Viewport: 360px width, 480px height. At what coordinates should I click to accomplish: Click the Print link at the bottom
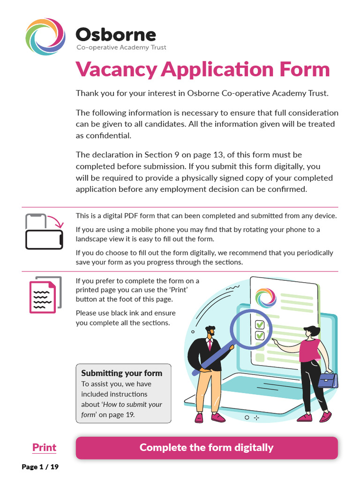click(44, 448)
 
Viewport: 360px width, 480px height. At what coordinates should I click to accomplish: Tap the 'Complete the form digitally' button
click(207, 448)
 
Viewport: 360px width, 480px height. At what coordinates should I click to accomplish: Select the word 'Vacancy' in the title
click(116, 69)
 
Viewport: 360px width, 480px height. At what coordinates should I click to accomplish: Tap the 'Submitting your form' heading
click(121, 373)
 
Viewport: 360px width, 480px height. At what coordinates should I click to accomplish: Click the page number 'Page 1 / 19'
click(40, 467)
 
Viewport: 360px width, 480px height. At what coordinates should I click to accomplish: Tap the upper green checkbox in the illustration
click(259, 324)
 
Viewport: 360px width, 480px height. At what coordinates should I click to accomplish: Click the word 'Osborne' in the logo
click(116, 34)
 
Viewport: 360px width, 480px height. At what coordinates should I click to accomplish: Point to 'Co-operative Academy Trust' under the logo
click(121, 47)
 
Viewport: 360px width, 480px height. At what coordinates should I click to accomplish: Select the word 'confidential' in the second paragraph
click(108, 135)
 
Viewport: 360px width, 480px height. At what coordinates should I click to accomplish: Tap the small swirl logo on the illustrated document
click(266, 298)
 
